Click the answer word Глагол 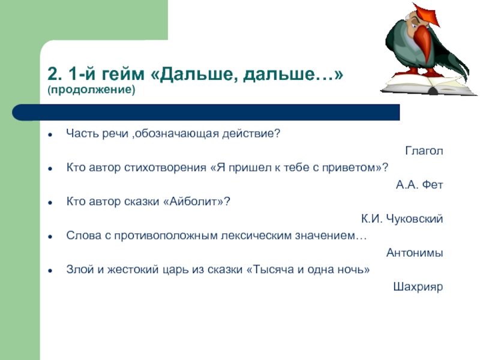click(x=424, y=151)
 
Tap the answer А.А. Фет click(x=419, y=185)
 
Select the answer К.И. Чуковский click(x=402, y=219)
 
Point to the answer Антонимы click(x=415, y=253)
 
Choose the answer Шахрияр click(x=418, y=287)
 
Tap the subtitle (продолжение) click(x=91, y=89)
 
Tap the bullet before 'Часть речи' click(x=50, y=134)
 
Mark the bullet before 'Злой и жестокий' click(x=50, y=271)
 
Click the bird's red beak click(x=424, y=43)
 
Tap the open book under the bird click(x=428, y=84)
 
